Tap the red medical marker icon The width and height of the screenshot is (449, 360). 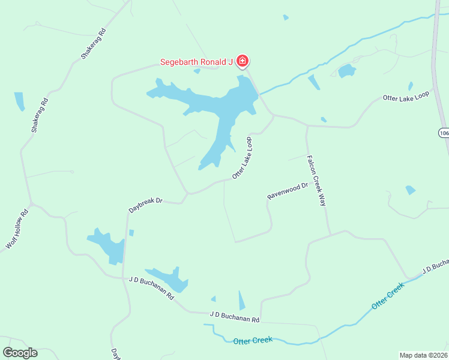pos(243,61)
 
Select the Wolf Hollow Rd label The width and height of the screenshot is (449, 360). pos(17,229)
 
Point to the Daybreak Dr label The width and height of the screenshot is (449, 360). pos(146,202)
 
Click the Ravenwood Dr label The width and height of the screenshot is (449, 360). pos(287,190)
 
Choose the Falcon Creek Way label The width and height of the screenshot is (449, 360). pos(316,181)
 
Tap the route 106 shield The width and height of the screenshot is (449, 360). pos(443,133)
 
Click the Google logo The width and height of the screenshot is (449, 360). pos(20,353)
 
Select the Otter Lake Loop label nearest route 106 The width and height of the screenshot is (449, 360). pos(406,97)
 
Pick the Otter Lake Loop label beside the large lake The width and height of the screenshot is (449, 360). pos(242,158)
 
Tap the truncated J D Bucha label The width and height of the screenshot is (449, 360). pos(435,266)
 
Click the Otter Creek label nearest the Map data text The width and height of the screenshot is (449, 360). pos(388,296)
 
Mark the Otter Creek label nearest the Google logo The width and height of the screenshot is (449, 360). pos(252,340)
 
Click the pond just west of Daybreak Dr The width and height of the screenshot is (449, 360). pos(108,246)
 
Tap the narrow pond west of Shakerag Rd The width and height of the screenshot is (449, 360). pos(20,101)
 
